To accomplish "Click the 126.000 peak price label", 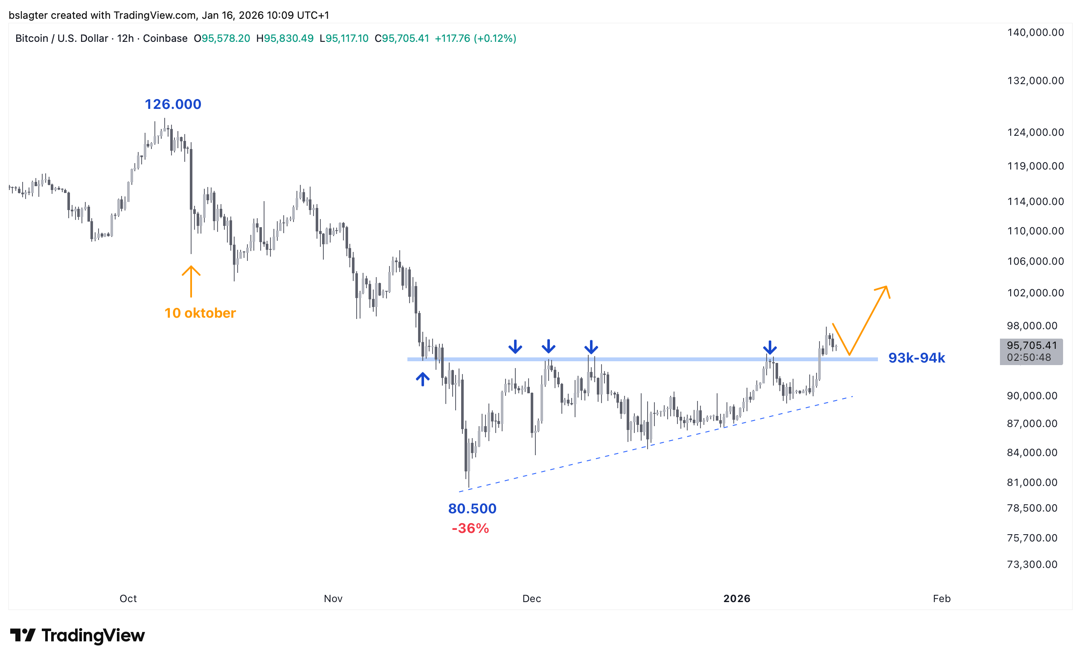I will click(x=173, y=105).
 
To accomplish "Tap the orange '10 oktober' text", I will click(x=200, y=313).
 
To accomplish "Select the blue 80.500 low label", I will click(x=472, y=509).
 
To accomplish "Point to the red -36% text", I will click(x=470, y=528).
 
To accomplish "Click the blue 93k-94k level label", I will click(x=916, y=358).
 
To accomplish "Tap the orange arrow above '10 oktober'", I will click(x=191, y=281).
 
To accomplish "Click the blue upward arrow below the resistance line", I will click(x=422, y=379).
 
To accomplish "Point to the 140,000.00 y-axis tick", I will click(x=1035, y=32).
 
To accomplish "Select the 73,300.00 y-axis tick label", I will click(x=1032, y=564).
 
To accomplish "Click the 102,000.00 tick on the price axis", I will click(x=1035, y=293).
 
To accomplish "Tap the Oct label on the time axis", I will click(x=128, y=599).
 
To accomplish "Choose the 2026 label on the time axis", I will click(x=737, y=599).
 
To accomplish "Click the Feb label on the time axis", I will click(x=942, y=599).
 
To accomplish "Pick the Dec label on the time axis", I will click(x=532, y=599).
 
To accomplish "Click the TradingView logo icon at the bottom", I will click(x=23, y=635).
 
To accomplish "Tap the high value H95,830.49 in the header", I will click(x=285, y=39).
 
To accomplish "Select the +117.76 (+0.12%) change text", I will click(x=475, y=39).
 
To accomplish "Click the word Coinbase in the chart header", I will click(x=165, y=39).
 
